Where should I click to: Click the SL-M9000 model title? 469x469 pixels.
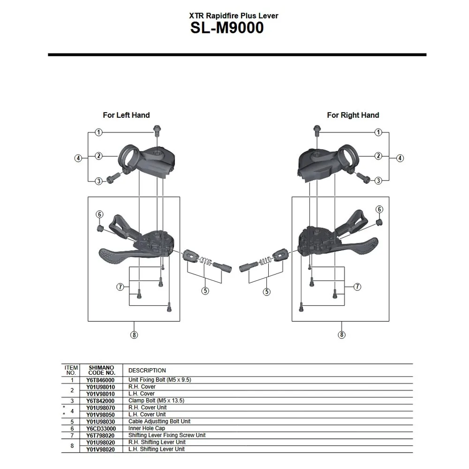(x=227, y=28)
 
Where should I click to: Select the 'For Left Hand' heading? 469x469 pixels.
(x=126, y=115)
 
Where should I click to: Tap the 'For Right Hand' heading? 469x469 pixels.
(x=353, y=115)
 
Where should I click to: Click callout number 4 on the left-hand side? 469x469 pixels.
(x=78, y=158)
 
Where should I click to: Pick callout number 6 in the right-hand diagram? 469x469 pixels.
(x=379, y=209)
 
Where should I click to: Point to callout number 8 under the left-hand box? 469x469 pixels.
(x=134, y=335)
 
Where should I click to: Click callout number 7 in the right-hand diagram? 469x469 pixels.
(x=357, y=287)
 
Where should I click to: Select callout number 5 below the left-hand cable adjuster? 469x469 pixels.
(x=205, y=291)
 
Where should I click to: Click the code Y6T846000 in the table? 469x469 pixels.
(x=101, y=380)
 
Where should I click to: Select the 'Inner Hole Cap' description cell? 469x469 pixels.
(x=146, y=428)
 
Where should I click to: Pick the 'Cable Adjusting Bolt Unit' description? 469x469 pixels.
(x=159, y=421)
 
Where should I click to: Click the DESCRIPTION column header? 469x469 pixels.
(x=147, y=370)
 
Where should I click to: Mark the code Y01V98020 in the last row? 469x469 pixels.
(x=101, y=449)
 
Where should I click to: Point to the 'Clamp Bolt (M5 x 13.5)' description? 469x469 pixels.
(x=156, y=401)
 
